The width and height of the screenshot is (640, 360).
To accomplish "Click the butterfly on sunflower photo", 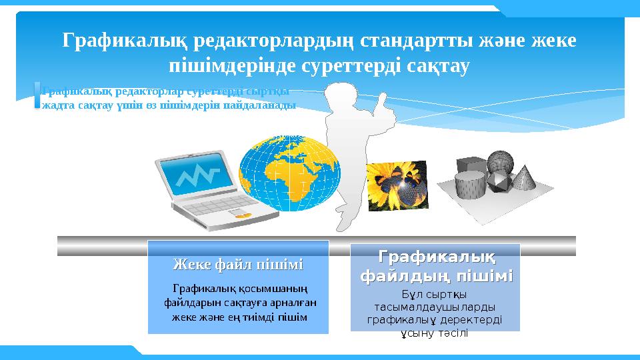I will pyautogui.click(x=397, y=185).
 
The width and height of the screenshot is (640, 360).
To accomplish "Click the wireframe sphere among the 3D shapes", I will pyautogui.click(x=499, y=161).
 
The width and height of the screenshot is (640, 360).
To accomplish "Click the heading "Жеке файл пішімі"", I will pyautogui.click(x=238, y=265).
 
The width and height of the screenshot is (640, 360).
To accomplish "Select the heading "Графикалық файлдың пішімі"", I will pyautogui.click(x=436, y=266).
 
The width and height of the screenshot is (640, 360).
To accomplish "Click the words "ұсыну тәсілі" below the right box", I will pyautogui.click(x=434, y=333).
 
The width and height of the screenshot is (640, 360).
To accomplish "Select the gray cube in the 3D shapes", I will pyautogui.click(x=469, y=165).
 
